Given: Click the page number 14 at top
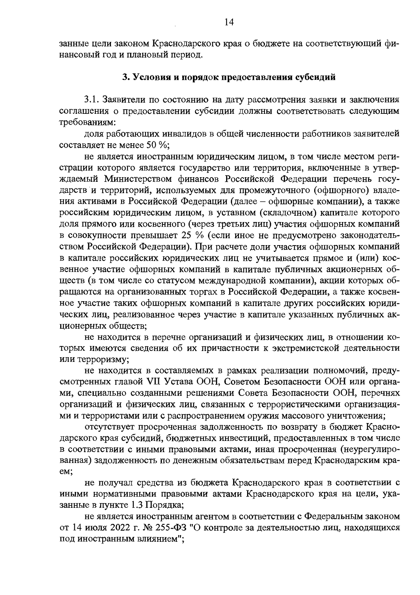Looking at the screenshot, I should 229,22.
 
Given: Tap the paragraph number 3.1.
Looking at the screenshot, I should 92,99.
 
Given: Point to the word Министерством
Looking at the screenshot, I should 139,179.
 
